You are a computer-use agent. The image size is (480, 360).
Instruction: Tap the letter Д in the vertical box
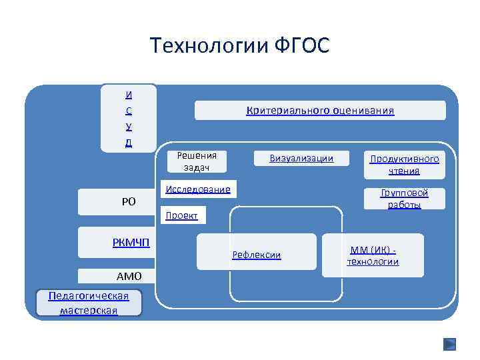click(128, 142)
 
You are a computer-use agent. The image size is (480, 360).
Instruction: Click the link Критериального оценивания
click(320, 111)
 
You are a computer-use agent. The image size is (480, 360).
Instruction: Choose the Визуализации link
click(301, 159)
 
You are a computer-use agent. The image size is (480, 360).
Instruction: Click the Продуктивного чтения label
click(404, 165)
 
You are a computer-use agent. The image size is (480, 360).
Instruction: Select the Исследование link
click(197, 189)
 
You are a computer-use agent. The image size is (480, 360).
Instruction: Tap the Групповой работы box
click(404, 199)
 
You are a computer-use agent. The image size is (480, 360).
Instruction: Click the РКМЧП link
click(131, 242)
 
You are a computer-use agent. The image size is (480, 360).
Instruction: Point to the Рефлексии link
click(256, 255)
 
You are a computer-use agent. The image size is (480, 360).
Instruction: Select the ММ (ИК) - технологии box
click(373, 255)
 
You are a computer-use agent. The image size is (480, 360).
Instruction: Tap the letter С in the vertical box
click(128, 111)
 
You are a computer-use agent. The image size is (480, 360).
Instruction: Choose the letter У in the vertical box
click(128, 126)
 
